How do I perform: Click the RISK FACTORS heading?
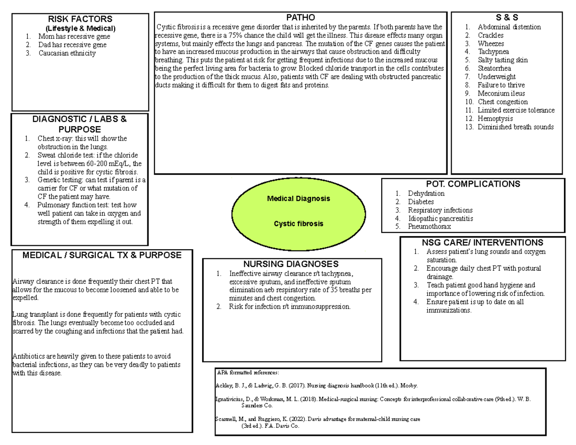click(x=81, y=19)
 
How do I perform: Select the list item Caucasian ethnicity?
click(x=67, y=53)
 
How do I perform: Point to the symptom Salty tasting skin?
click(x=503, y=60)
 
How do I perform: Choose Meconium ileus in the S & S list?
click(x=501, y=94)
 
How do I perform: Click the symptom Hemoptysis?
click(x=495, y=119)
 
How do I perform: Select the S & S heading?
click(x=506, y=18)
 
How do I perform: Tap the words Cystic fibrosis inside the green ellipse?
click(x=299, y=224)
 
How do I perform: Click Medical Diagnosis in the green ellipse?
click(x=299, y=198)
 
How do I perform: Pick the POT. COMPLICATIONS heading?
click(x=473, y=184)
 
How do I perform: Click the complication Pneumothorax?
click(x=430, y=227)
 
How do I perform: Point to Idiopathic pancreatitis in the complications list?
click(x=440, y=218)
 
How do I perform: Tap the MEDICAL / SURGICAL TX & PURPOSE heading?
click(x=102, y=255)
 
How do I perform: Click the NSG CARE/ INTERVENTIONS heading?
click(x=482, y=242)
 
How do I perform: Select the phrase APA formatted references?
click(x=247, y=372)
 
